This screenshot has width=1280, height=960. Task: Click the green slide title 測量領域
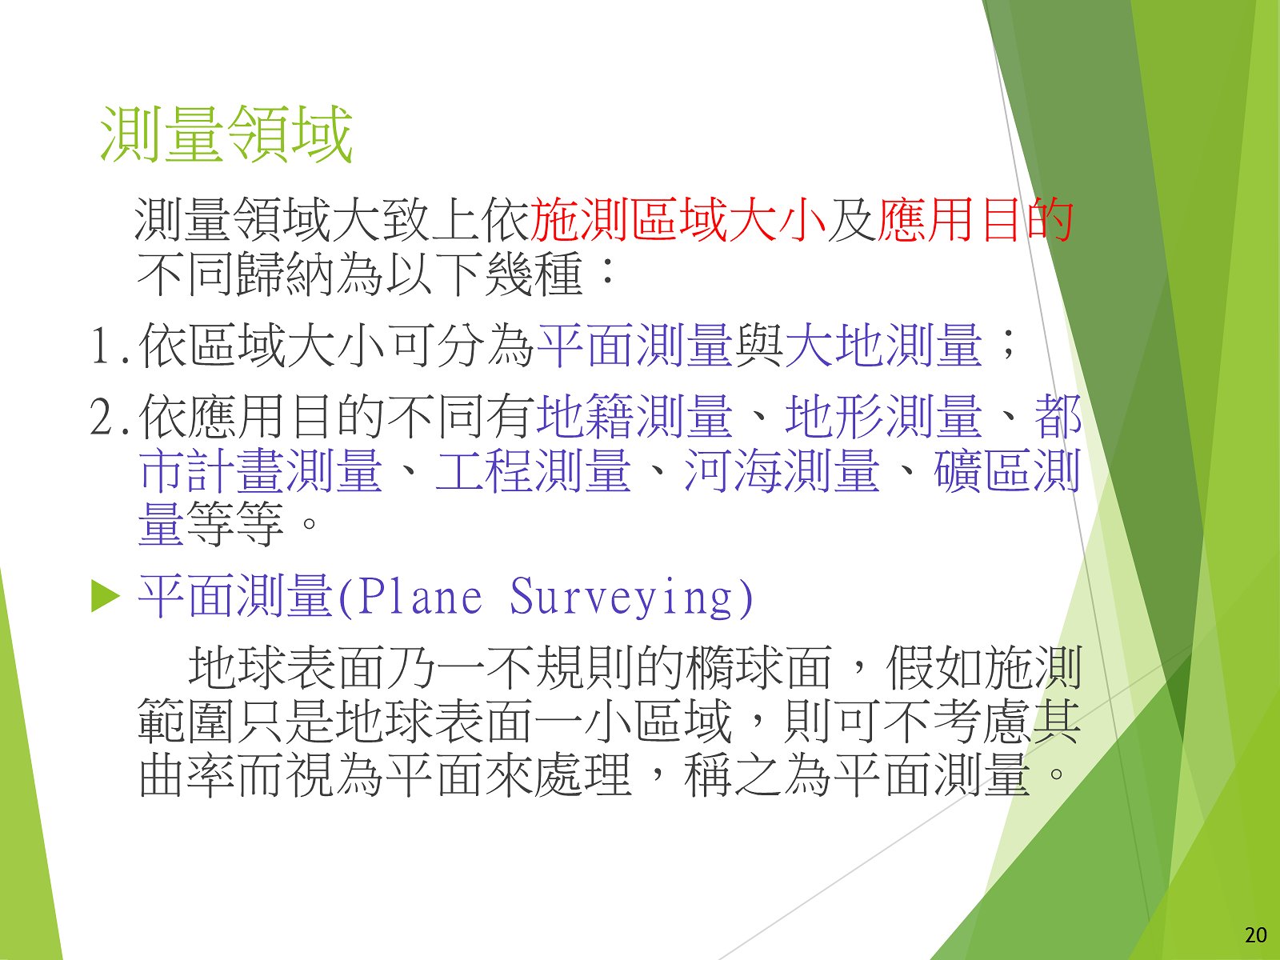click(x=226, y=134)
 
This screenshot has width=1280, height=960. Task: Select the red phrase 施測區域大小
click(x=678, y=220)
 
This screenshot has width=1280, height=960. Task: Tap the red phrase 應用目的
click(x=975, y=220)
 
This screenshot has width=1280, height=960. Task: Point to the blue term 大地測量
click(x=884, y=346)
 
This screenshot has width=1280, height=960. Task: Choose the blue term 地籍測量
click(x=634, y=415)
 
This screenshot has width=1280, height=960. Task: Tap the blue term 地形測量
click(x=884, y=415)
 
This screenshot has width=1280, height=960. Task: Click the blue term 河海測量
click(x=782, y=470)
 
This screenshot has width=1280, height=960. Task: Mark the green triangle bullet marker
click(x=106, y=598)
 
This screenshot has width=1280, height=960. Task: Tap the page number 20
click(x=1255, y=935)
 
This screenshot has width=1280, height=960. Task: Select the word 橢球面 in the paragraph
click(x=759, y=668)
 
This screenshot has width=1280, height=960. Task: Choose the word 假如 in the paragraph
click(x=935, y=668)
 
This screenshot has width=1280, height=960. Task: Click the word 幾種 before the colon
click(x=534, y=274)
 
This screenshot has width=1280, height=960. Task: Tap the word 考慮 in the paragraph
click(x=983, y=722)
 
